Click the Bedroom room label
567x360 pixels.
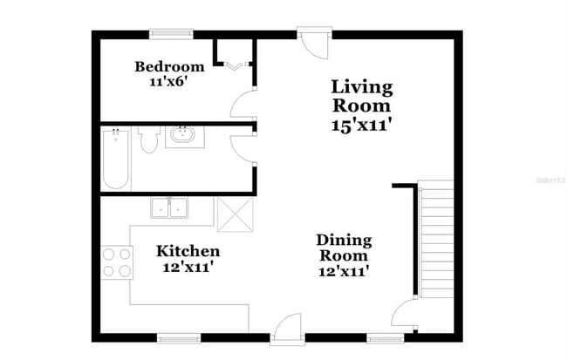[x=170, y=66]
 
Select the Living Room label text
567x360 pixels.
[x=361, y=96]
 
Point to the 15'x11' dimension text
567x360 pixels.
[x=361, y=125]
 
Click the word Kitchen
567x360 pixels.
[x=188, y=251]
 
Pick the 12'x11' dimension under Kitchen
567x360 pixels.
[x=188, y=267]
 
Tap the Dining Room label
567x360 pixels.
[x=343, y=248]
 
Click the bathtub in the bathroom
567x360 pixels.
[x=115, y=159]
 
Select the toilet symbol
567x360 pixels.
[x=147, y=139]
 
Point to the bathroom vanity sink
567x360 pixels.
[x=183, y=136]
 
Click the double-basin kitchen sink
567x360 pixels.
[x=171, y=208]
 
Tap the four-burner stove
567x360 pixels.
[x=117, y=262]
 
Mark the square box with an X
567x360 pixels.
[x=233, y=213]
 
